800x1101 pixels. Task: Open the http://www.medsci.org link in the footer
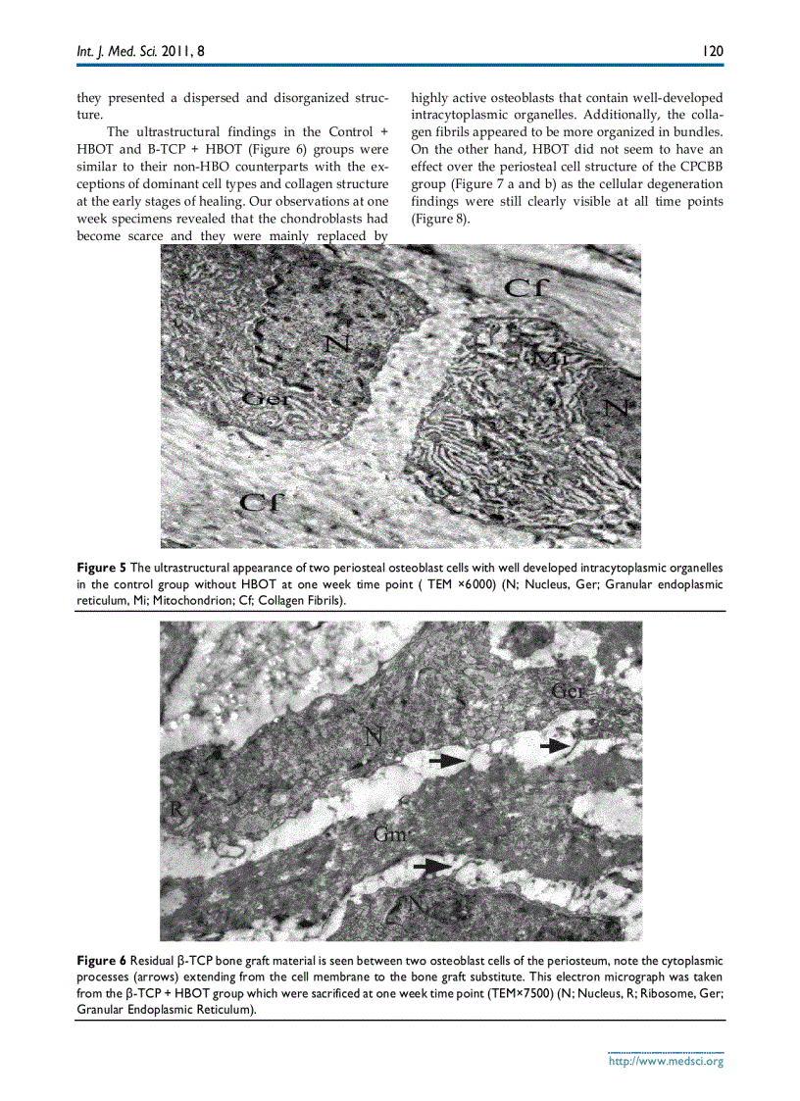click(x=666, y=1061)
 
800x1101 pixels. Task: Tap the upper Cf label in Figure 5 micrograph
click(x=530, y=287)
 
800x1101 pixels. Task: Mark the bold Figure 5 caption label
click(x=101, y=568)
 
